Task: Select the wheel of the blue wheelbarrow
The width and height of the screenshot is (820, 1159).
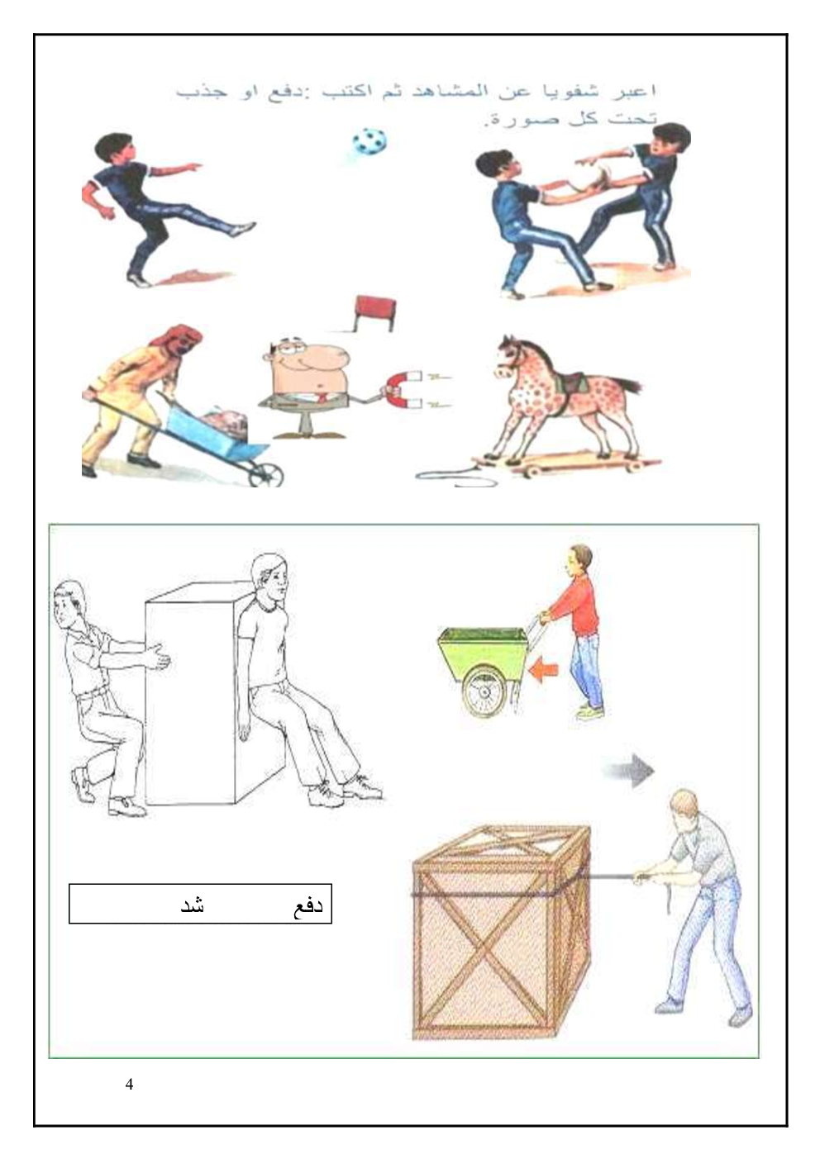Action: pyautogui.click(x=270, y=473)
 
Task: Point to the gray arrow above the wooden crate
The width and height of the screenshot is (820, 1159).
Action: pyautogui.click(x=627, y=771)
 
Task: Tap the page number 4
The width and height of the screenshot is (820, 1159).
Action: pyautogui.click(x=129, y=1084)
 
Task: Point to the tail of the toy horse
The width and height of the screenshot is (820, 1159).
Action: pyautogui.click(x=628, y=386)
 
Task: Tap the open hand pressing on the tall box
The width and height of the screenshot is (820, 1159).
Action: pyautogui.click(x=157, y=659)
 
